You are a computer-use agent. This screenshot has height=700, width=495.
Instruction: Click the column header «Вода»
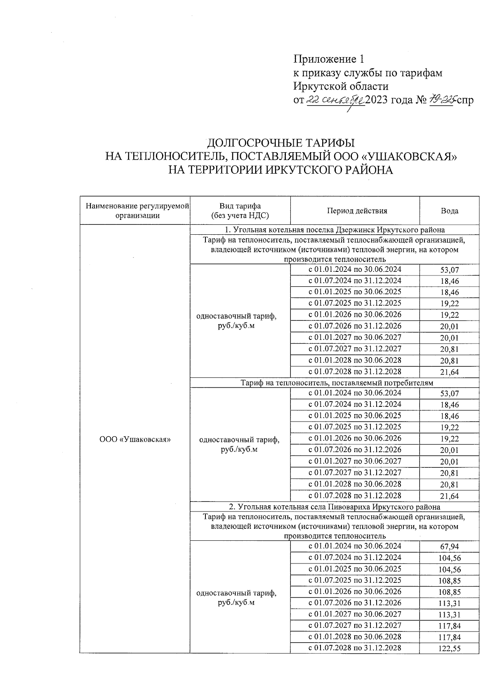pyautogui.click(x=449, y=211)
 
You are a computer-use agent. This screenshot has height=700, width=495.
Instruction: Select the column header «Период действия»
pyautogui.click(x=357, y=211)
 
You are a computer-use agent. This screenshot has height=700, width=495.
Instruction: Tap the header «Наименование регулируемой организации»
pyautogui.click(x=137, y=211)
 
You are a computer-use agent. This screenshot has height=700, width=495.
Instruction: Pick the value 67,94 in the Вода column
pyautogui.click(x=449, y=547)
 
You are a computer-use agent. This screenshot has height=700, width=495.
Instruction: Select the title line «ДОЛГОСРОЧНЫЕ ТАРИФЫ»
pyautogui.click(x=280, y=143)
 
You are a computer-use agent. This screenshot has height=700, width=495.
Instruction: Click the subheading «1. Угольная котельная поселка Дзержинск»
pyautogui.click(x=335, y=230)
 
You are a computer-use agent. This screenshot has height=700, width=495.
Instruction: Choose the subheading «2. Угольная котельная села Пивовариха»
pyautogui.click(x=335, y=507)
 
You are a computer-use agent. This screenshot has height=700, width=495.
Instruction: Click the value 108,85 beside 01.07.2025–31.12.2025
pyautogui.click(x=449, y=581)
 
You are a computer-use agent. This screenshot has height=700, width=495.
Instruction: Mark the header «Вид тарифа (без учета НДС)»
pyautogui.click(x=240, y=211)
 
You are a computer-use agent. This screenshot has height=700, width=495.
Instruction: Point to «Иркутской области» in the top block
pyautogui.click(x=341, y=86)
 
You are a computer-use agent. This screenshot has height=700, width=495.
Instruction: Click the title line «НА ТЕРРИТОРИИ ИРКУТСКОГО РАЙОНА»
pyautogui.click(x=280, y=170)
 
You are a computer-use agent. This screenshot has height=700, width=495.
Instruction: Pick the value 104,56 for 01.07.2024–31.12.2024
pyautogui.click(x=449, y=559)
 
